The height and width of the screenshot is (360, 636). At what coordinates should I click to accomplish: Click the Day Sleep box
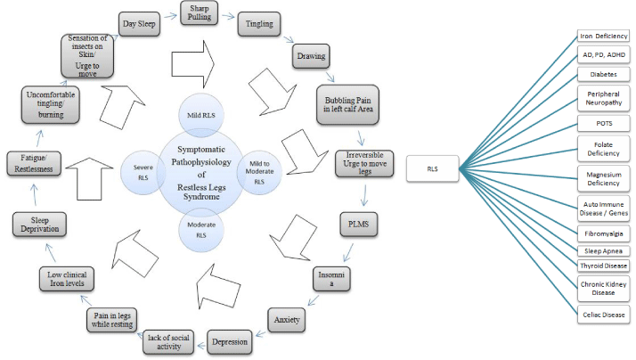tap(141, 24)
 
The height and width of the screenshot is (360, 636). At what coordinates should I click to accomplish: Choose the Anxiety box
tap(287, 318)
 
